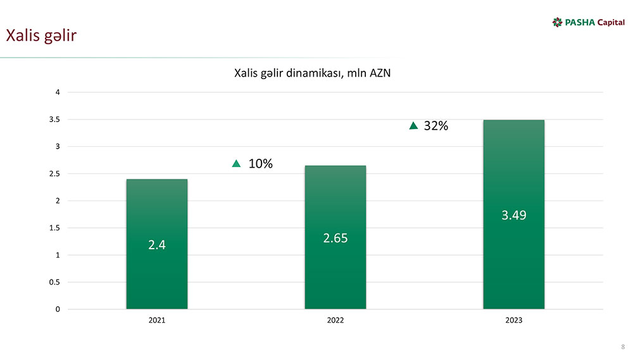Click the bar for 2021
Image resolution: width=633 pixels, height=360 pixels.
(156, 209)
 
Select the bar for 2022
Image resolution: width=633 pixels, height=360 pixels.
(335, 202)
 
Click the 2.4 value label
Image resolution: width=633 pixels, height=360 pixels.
(156, 245)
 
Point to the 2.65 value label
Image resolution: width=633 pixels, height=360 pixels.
(335, 238)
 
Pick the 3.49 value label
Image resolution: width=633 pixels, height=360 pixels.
(513, 215)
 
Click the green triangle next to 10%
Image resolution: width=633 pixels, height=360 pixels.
(237, 164)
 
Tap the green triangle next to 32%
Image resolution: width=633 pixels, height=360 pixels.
(414, 126)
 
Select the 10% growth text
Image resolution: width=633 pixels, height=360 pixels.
(260, 164)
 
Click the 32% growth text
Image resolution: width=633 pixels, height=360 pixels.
(436, 126)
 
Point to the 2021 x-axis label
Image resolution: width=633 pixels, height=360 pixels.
(156, 321)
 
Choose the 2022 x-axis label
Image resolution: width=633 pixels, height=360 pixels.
(335, 321)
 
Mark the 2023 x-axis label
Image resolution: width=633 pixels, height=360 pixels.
(513, 321)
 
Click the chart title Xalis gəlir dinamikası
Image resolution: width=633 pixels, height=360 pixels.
(312, 73)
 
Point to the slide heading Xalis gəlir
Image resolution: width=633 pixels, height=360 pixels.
(41, 35)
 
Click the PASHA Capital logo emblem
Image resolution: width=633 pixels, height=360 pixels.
(557, 23)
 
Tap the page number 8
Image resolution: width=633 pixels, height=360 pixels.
(623, 347)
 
